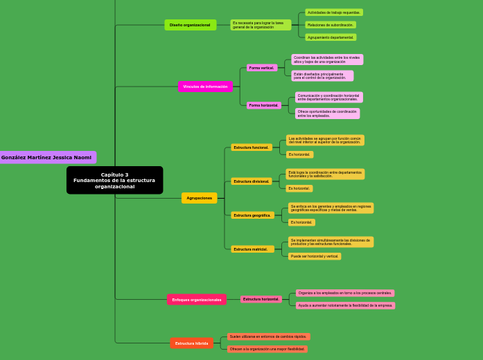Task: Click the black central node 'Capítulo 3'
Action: pyautogui.click(x=114, y=180)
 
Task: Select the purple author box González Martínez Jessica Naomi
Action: pyautogui.click(x=46, y=157)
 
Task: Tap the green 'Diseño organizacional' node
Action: pyautogui.click(x=190, y=25)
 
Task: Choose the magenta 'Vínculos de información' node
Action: pyautogui.click(x=205, y=87)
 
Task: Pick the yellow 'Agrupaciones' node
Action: pyautogui.click(x=199, y=198)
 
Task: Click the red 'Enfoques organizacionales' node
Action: pyautogui.click(x=197, y=300)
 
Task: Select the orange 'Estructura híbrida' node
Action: pyautogui.click(x=191, y=343)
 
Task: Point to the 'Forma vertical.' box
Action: pyautogui.click(x=261, y=68)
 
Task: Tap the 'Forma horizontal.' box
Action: pyautogui.click(x=263, y=105)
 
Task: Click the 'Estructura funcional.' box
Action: pyautogui.click(x=251, y=147)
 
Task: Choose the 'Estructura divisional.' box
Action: pyautogui.click(x=251, y=181)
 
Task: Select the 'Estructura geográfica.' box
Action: pyautogui.click(x=252, y=215)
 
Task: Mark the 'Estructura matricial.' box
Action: pyautogui.click(x=251, y=249)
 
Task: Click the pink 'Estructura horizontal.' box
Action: pyautogui.click(x=261, y=299)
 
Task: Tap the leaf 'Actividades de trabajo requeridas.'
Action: pyautogui.click(x=333, y=12)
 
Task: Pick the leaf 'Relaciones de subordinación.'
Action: pyautogui.click(x=330, y=25)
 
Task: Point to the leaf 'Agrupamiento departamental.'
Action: pyautogui.click(x=331, y=37)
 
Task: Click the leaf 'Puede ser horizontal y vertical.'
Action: pyautogui.click(x=315, y=256)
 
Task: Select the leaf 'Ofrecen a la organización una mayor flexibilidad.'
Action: pyautogui.click(x=267, y=349)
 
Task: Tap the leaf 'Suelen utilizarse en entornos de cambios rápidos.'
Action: pyautogui.click(x=268, y=336)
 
